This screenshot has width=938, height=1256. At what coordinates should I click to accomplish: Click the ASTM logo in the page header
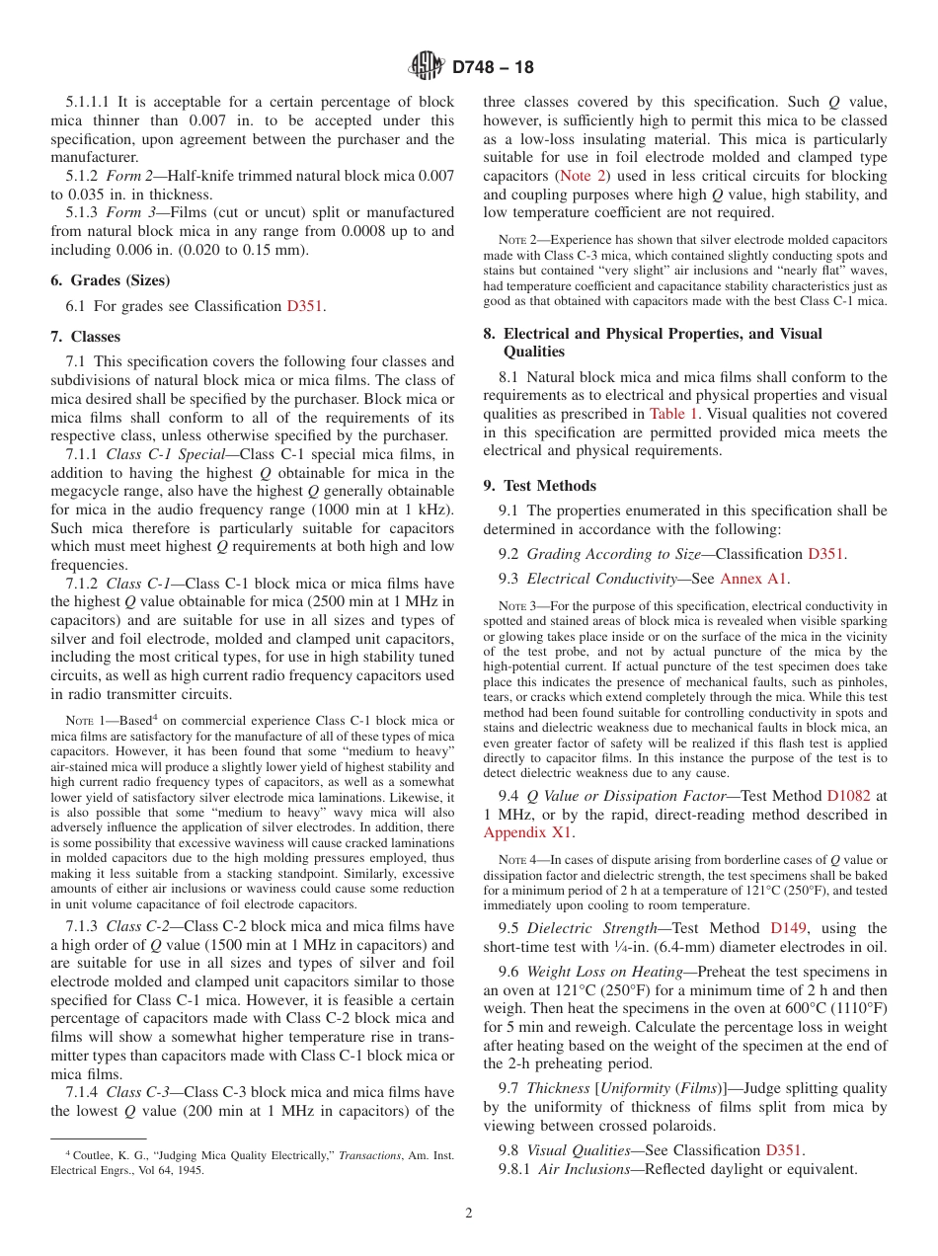(x=427, y=67)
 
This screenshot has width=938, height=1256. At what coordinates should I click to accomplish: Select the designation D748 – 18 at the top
(x=493, y=67)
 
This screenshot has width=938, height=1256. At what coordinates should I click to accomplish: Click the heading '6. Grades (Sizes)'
(x=111, y=279)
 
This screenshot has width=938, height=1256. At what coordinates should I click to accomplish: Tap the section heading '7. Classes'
(x=86, y=337)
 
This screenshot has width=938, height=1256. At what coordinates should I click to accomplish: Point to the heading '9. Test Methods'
(x=540, y=485)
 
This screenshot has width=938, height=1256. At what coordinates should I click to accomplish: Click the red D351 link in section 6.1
(x=305, y=306)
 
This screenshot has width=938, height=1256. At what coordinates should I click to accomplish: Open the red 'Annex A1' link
(x=754, y=579)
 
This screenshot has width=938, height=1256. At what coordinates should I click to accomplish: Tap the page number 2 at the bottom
(x=469, y=1213)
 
